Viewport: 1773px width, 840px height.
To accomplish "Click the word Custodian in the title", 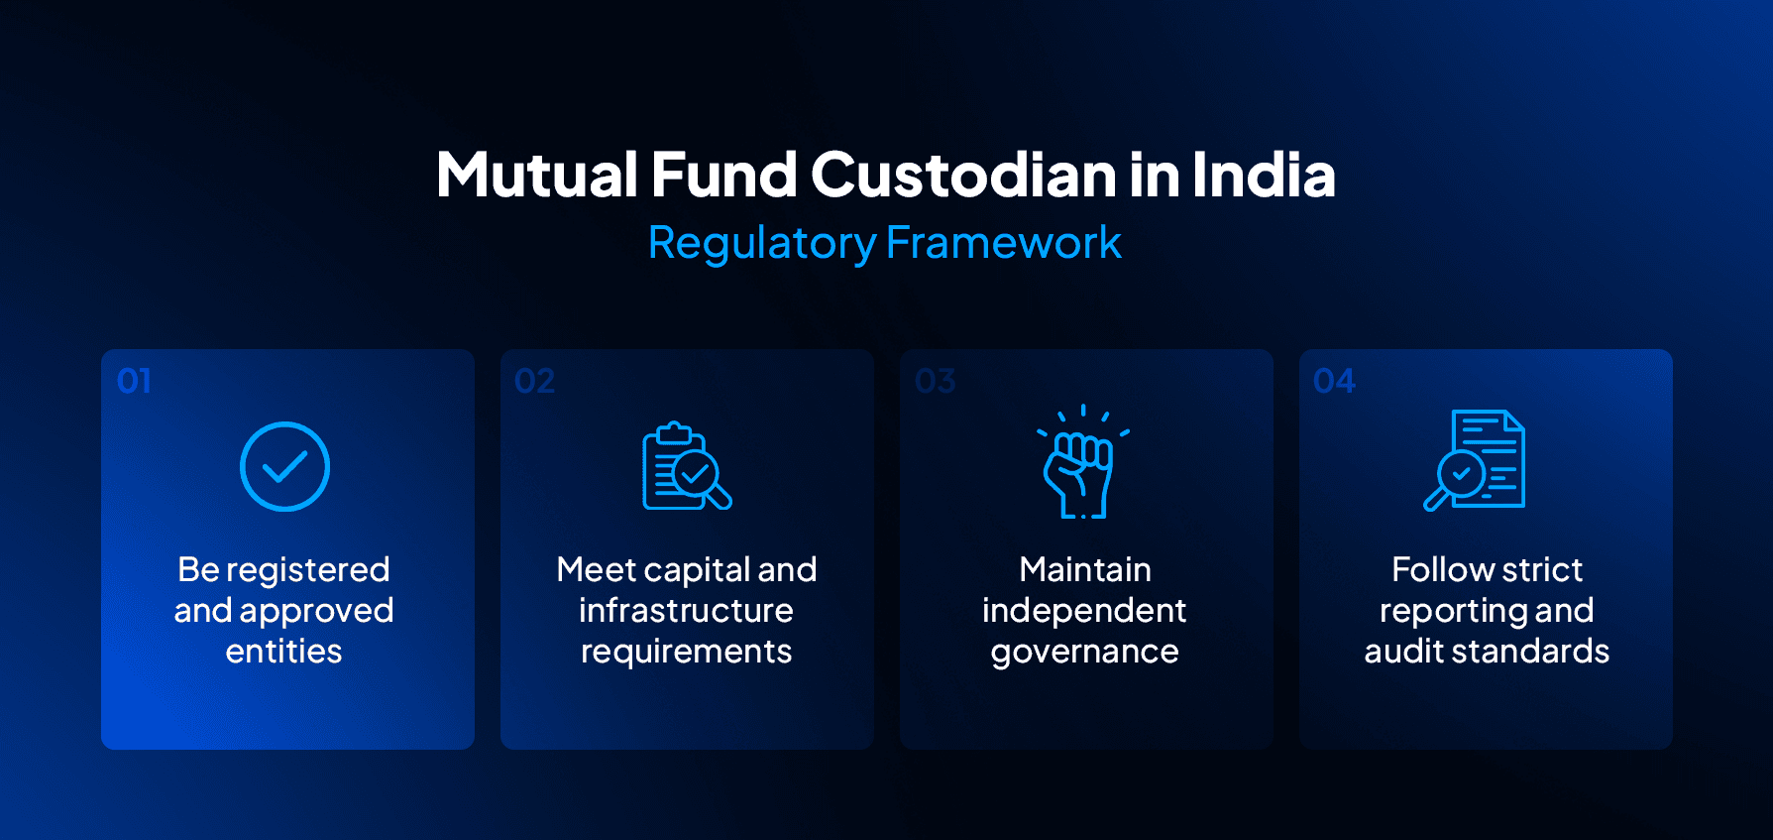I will (x=963, y=176).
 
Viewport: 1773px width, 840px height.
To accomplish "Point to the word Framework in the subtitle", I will (x=1003, y=243).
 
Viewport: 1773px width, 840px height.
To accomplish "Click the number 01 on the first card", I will (x=134, y=381).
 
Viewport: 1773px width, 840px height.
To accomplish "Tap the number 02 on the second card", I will (x=534, y=381).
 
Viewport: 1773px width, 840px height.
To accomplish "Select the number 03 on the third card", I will (x=935, y=381).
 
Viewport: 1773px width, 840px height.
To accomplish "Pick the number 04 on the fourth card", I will (x=1334, y=381).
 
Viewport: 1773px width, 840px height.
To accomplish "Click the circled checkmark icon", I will (x=284, y=466).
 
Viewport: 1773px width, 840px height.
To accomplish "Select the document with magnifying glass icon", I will (x=1476, y=460).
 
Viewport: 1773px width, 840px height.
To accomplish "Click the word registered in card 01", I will (x=307, y=570).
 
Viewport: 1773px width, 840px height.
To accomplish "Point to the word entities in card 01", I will (x=283, y=652).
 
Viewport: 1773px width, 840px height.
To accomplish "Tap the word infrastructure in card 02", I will (x=686, y=611).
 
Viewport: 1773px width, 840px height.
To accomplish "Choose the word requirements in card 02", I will (x=686, y=653).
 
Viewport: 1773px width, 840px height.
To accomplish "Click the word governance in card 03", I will (x=1084, y=653).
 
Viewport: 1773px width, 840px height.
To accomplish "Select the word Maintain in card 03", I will (x=1084, y=570).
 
